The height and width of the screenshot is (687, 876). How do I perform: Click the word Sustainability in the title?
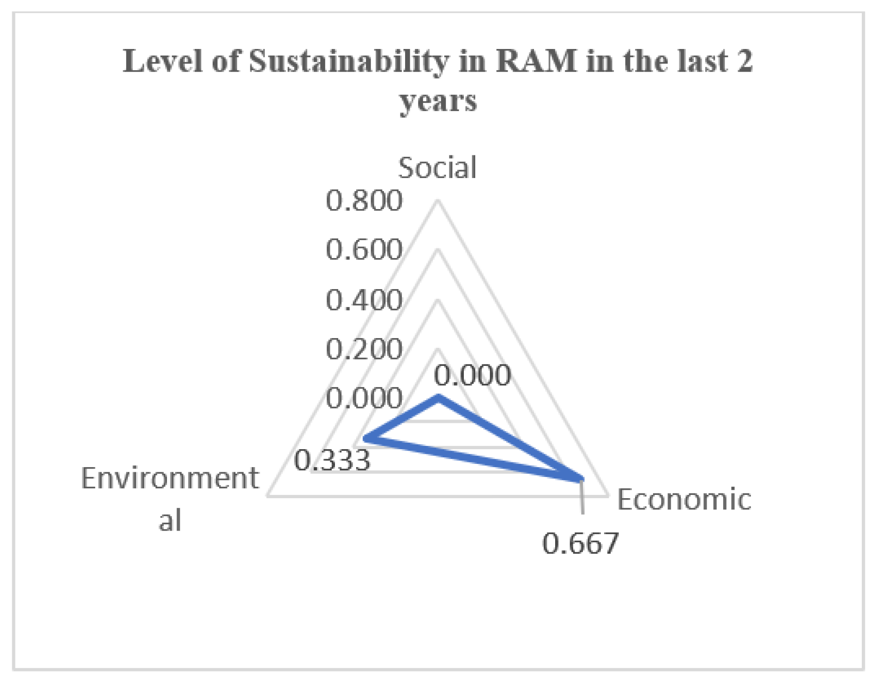point(349,62)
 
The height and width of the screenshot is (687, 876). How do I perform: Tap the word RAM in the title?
point(536,62)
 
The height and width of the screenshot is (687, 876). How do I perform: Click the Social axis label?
point(437,168)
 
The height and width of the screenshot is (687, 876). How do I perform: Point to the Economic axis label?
point(684,499)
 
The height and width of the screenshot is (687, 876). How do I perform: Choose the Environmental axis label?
point(170,498)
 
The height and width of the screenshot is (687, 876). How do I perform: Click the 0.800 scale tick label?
point(364,200)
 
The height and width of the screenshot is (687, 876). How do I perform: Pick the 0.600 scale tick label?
point(364,250)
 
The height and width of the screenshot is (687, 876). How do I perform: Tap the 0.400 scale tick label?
point(364,300)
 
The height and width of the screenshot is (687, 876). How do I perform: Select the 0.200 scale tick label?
point(364,349)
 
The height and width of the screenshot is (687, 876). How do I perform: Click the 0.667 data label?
point(580,543)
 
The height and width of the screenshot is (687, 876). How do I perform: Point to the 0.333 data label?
point(332,460)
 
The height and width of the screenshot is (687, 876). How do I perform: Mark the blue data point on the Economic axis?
point(581,479)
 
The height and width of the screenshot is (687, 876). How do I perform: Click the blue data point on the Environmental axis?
point(366,439)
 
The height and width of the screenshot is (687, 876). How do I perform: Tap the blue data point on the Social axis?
point(438,398)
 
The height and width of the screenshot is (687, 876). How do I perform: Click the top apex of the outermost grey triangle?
point(438,201)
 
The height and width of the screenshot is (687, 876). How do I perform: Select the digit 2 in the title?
point(744,62)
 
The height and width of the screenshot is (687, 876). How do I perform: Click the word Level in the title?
point(162,62)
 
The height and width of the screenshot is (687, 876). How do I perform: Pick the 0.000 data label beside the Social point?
point(472,375)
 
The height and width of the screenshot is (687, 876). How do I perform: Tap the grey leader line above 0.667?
point(582,499)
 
